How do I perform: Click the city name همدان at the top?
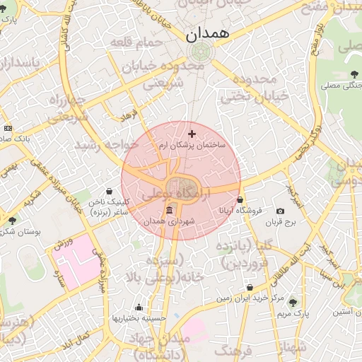(x=204, y=35)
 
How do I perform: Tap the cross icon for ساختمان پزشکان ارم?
(x=192, y=133)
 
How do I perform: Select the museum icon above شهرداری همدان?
(x=169, y=211)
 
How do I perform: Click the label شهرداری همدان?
(x=169, y=222)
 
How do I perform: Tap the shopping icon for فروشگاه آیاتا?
(x=240, y=199)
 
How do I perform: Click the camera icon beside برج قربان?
(x=281, y=211)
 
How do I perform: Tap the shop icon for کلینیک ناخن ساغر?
(x=110, y=190)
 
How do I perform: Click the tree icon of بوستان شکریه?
(x=11, y=221)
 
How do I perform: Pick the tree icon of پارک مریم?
(x=293, y=303)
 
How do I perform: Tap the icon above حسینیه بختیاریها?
(x=139, y=307)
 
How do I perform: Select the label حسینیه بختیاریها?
(x=139, y=318)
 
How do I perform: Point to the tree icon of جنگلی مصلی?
(x=354, y=75)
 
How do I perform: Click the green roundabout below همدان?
(x=201, y=52)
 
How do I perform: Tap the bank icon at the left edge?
(x=8, y=128)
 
